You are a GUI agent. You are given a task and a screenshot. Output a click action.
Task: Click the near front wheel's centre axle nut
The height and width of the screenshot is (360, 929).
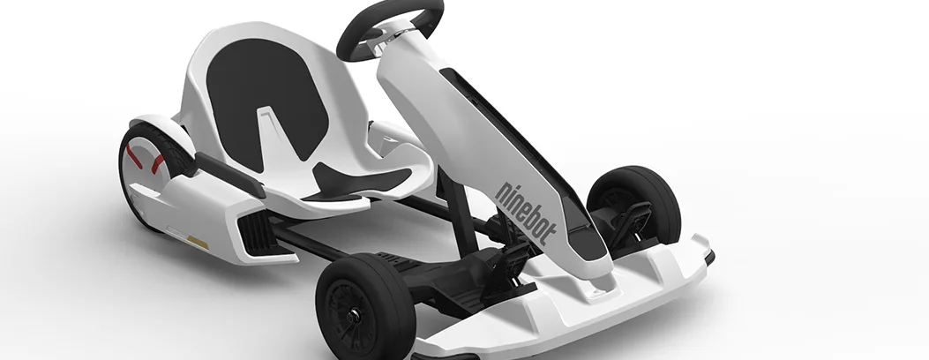(353, 318)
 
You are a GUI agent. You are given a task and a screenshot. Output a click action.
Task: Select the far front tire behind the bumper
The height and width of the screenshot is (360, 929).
(636, 205)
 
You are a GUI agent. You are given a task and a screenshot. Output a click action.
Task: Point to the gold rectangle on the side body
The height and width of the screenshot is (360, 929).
(198, 242)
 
